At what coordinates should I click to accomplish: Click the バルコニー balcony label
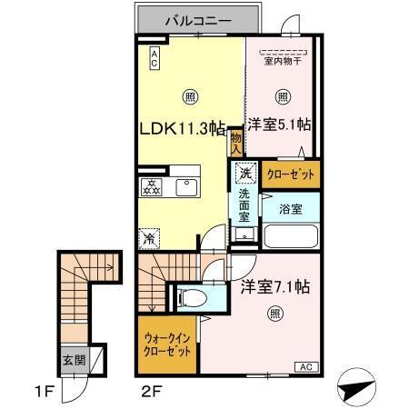198,17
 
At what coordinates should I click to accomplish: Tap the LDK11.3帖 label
182,128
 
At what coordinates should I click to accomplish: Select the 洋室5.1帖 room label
280,125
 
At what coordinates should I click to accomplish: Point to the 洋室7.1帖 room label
275,287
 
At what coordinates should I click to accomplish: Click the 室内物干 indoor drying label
283,61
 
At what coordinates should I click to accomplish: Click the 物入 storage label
235,140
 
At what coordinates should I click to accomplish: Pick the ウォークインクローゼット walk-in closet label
167,346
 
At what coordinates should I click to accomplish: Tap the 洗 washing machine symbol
244,173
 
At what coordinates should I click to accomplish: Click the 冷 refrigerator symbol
149,239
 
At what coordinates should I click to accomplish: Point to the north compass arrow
355,389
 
